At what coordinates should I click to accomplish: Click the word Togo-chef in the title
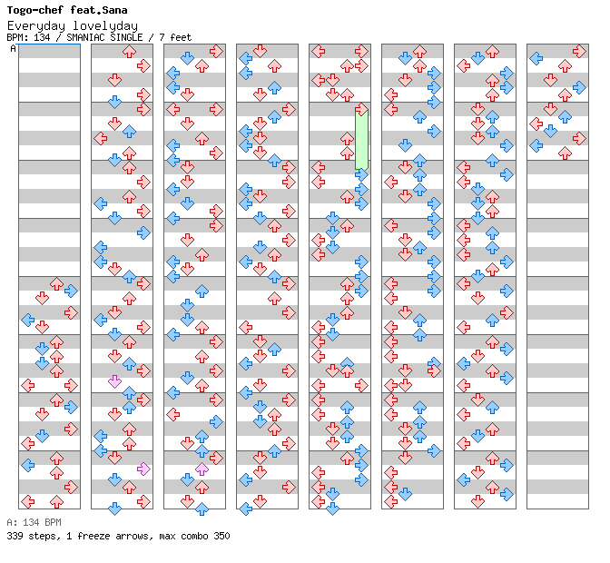point(34,10)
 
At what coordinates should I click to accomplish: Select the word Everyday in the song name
point(36,26)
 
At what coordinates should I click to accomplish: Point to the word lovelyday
point(105,26)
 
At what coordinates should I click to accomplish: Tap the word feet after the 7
point(181,37)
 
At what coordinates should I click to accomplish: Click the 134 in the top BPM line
point(42,37)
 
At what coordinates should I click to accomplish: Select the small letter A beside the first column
point(13,48)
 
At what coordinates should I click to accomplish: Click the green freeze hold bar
point(361,140)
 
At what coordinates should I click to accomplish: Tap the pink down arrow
point(114,381)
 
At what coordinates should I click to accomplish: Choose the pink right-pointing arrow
point(143,469)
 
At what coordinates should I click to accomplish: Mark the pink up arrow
point(202,469)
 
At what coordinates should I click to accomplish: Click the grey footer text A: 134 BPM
point(34,522)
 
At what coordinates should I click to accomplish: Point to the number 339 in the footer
point(15,536)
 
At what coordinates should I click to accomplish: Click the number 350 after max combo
point(221,536)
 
